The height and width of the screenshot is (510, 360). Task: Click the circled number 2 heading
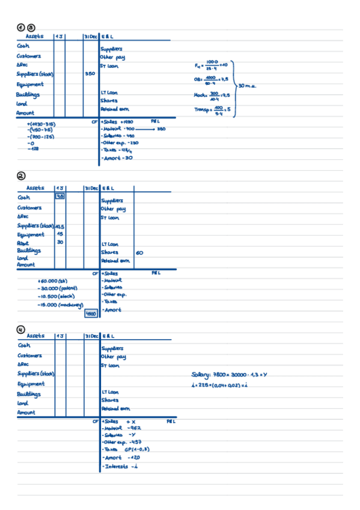(21, 176)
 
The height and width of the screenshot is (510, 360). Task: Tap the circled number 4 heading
(21, 329)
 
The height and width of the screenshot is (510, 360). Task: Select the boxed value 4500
(91, 313)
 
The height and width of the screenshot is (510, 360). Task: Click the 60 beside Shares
(139, 253)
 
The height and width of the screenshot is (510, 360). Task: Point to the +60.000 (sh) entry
(52, 280)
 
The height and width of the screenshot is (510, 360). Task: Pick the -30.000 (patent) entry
(58, 288)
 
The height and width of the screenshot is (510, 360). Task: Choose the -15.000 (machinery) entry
(59, 305)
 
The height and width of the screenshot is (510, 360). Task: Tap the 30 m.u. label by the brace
(248, 86)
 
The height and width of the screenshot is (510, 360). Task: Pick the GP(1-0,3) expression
(137, 449)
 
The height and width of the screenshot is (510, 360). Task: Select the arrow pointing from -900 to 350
(148, 129)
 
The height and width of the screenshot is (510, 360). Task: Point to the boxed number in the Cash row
(60, 196)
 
